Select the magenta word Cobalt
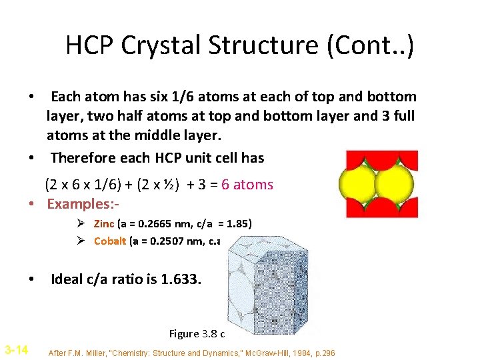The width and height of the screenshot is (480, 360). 110,241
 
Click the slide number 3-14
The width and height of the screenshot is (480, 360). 16,349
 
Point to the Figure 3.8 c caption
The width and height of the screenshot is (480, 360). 197,333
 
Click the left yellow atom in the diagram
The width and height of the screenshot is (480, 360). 359,184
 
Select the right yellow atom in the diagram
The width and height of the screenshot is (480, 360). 395,184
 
